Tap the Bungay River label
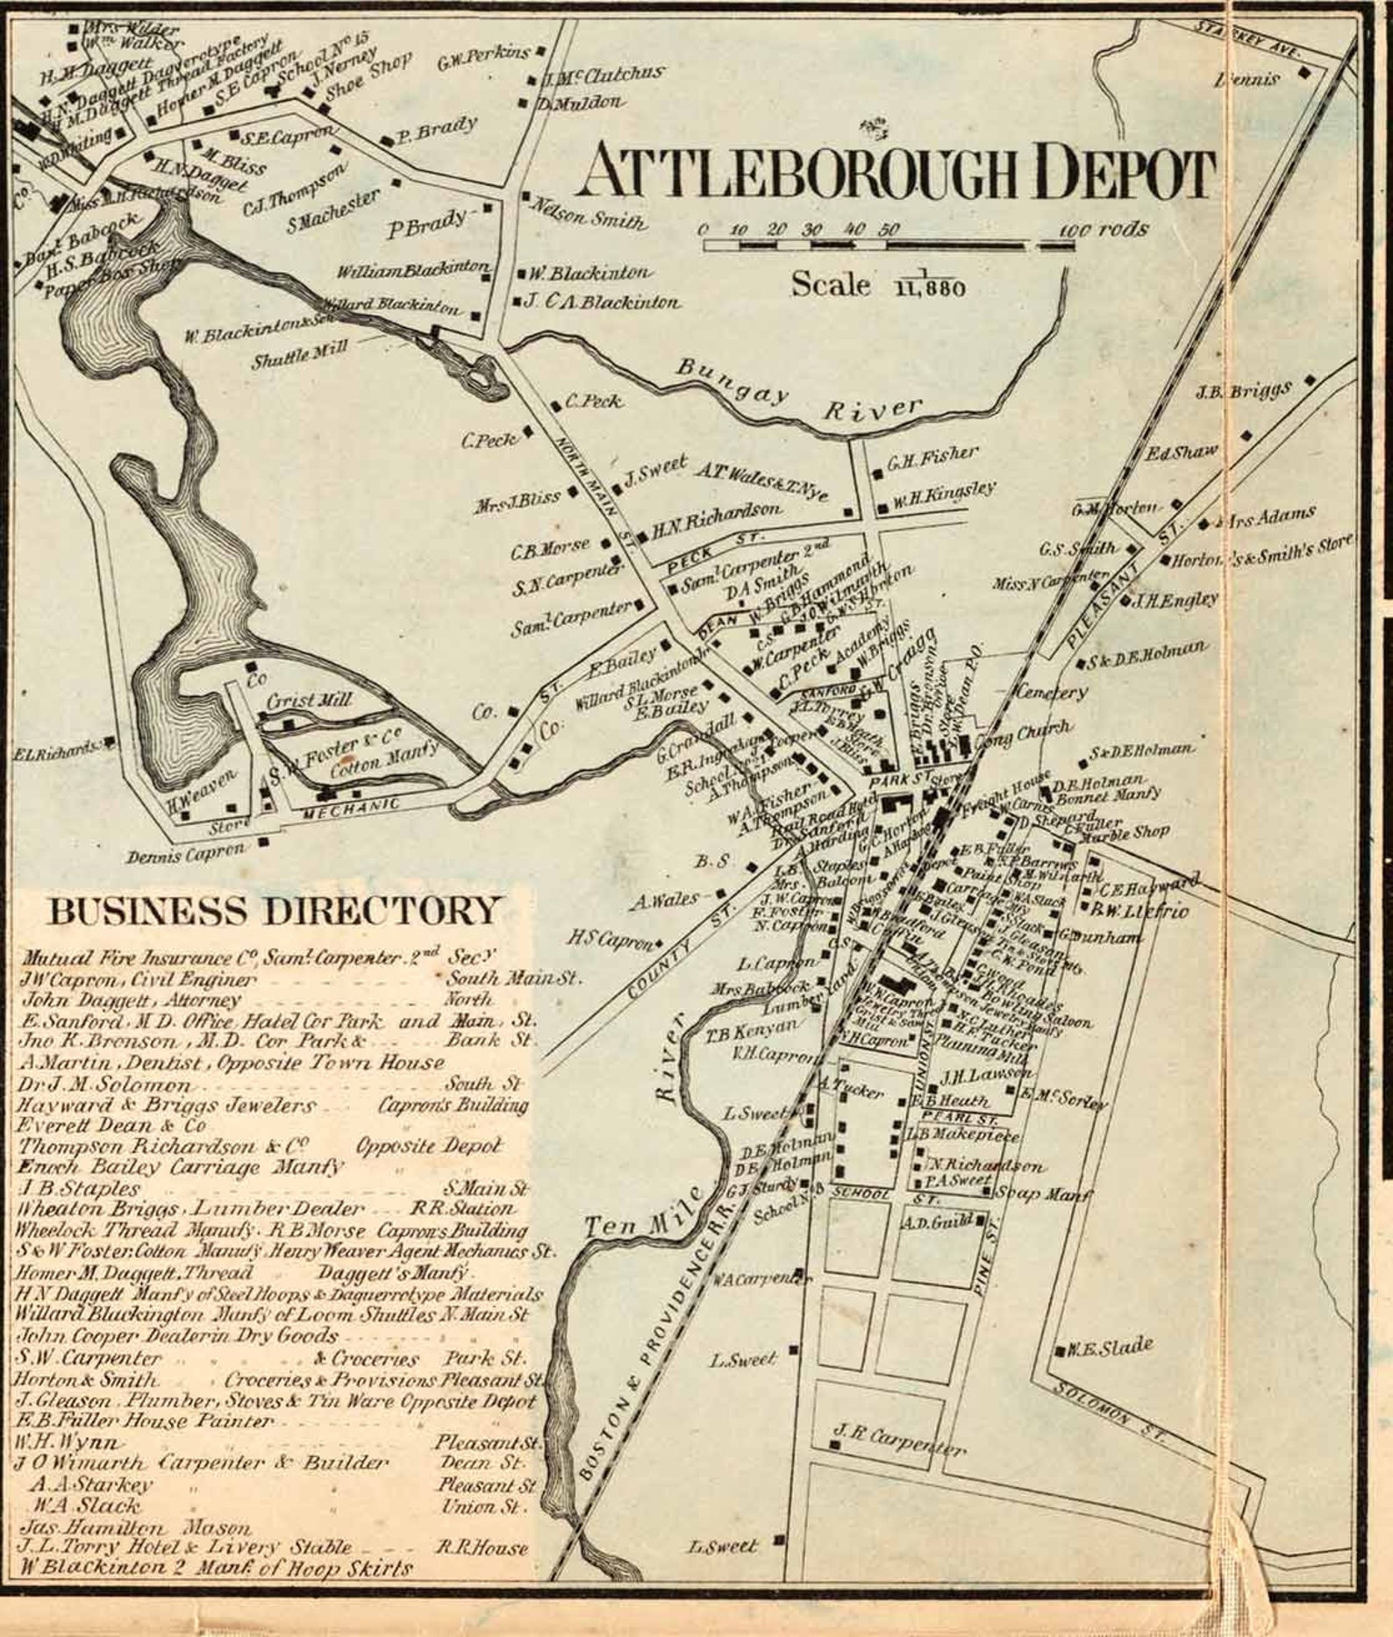pyautogui.click(x=798, y=395)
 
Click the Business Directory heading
pyautogui.click(x=273, y=911)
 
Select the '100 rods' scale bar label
pyautogui.click(x=1103, y=229)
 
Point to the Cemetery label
pyautogui.click(x=1051, y=692)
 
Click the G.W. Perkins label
pyautogui.click(x=483, y=58)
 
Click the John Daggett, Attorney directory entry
pyautogui.click(x=132, y=1000)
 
